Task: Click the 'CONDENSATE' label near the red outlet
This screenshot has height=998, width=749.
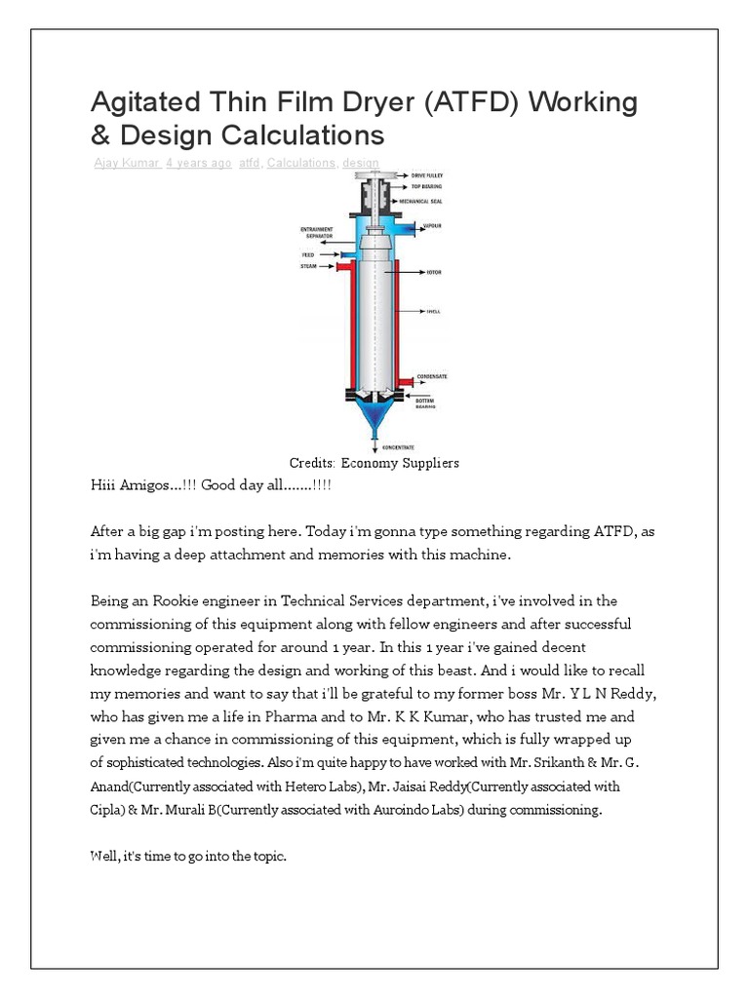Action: (432, 376)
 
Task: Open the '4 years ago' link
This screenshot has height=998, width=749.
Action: (198, 163)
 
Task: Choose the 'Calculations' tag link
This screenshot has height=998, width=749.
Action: (299, 163)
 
